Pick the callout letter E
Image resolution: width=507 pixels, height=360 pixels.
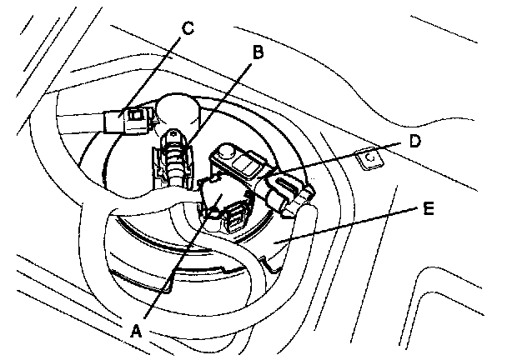pyautogui.click(x=428, y=210)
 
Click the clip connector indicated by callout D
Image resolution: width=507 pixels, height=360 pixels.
pyautogui.click(x=287, y=189)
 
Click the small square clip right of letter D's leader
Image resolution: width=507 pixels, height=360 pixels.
pyautogui.click(x=368, y=157)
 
